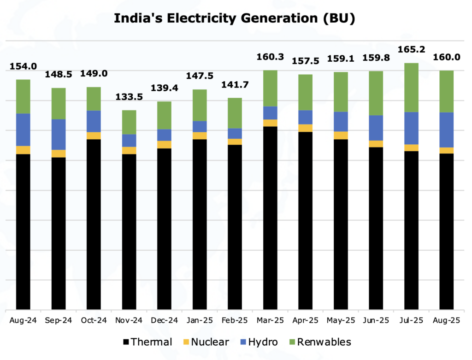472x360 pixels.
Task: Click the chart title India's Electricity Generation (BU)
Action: pos(236,18)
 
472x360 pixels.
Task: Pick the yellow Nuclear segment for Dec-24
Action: pos(164,144)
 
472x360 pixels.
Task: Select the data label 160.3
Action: pos(270,58)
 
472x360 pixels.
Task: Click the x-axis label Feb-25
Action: pos(235,320)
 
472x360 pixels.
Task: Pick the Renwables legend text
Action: pos(324,342)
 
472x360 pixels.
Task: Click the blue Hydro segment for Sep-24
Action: pos(59,134)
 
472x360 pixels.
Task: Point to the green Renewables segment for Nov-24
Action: pos(129,122)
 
